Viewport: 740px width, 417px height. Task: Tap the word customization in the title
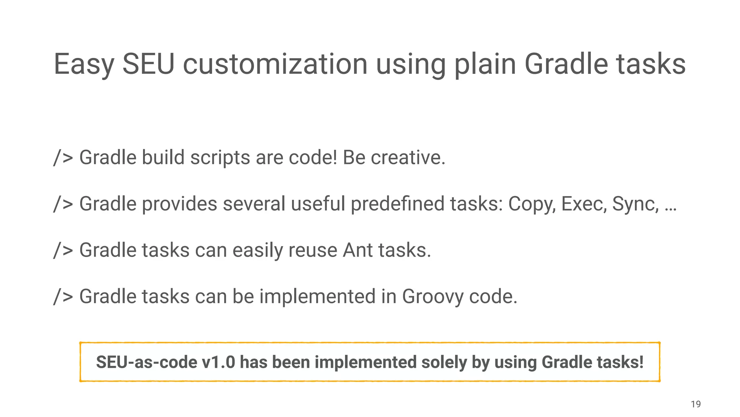275,64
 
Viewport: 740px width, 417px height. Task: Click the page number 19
696,404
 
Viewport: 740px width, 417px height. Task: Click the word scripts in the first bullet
220,157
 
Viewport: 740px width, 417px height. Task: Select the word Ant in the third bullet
358,250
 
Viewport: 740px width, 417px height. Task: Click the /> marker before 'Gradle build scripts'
63,157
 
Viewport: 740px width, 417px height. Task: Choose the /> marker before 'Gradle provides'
63,204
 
